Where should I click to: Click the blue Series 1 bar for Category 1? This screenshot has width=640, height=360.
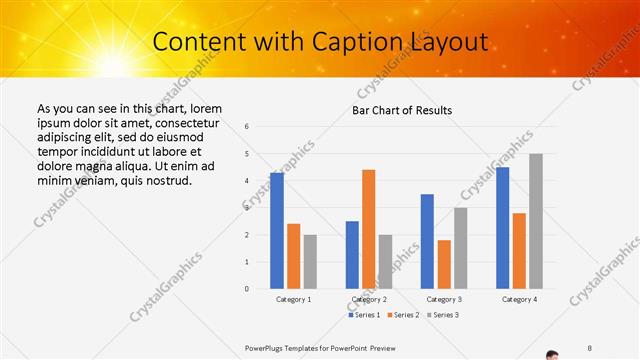[277, 231]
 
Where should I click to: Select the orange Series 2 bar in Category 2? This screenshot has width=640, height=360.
[368, 229]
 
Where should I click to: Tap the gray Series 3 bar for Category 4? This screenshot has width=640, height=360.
[536, 221]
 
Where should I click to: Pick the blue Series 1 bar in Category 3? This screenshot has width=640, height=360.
[427, 241]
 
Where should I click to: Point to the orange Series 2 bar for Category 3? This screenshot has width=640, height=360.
[444, 264]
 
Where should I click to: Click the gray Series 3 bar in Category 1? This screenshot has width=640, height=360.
[310, 262]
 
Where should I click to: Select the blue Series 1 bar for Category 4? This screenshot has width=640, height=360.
[502, 228]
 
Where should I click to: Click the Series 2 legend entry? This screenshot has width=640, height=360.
[404, 315]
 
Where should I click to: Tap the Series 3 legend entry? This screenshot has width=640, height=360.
[443, 315]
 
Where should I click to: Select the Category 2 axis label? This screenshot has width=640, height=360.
[369, 299]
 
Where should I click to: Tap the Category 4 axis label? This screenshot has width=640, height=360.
[519, 299]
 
